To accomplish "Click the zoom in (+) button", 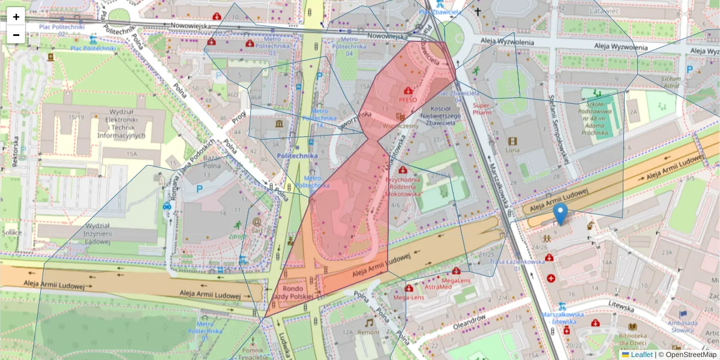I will [x=16, y=17].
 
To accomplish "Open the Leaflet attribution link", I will [x=641, y=355].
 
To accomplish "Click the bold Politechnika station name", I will [x=298, y=156].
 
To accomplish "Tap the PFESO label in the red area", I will [x=407, y=100].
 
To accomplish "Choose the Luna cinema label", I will [x=512, y=150].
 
